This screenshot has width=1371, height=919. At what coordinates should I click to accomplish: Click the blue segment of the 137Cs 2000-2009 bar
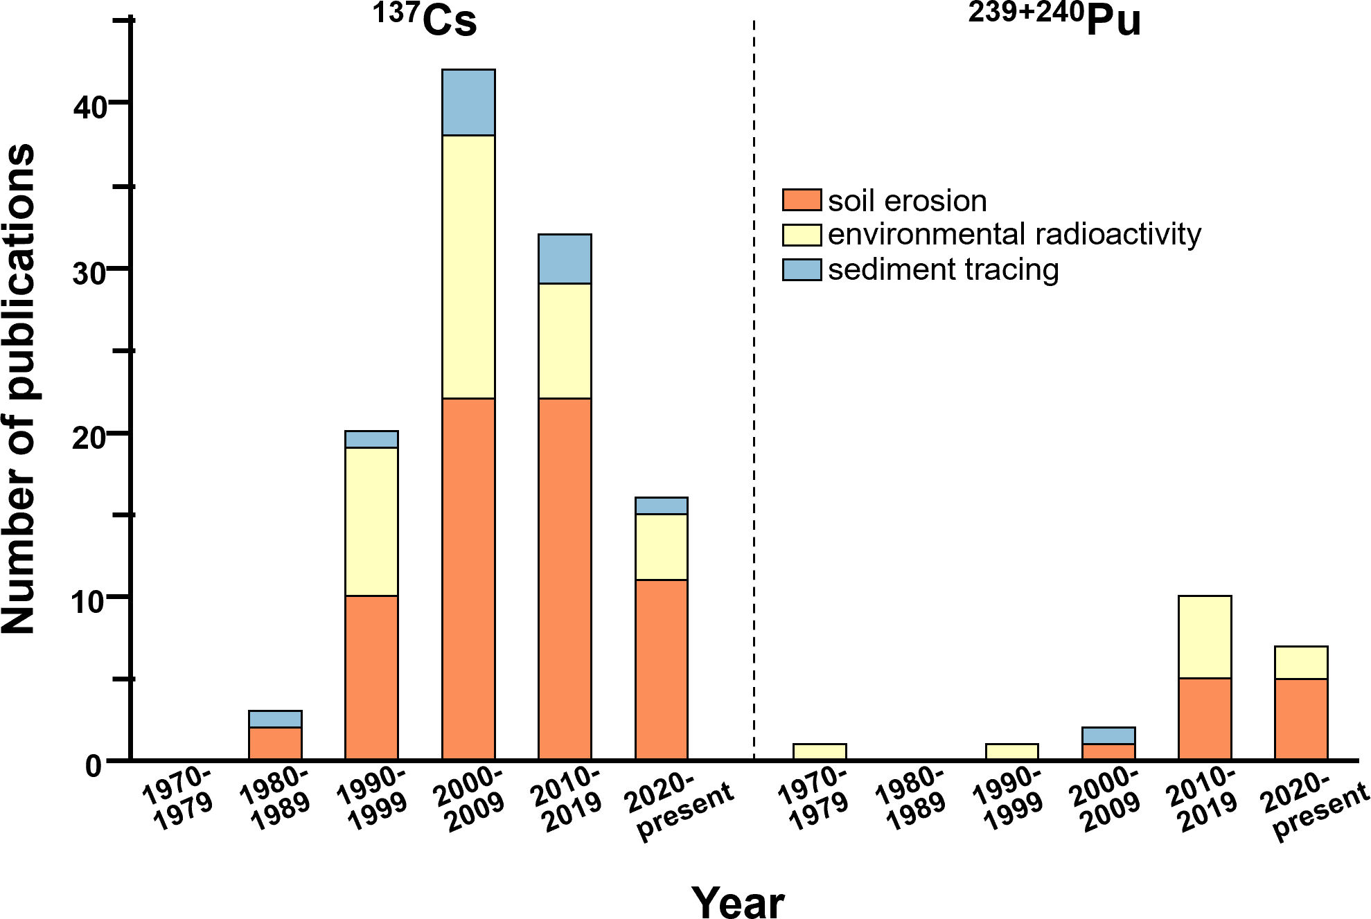(468, 102)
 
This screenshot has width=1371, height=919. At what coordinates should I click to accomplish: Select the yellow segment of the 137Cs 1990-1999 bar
(371, 521)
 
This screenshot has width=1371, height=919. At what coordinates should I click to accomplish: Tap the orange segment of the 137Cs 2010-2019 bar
(565, 578)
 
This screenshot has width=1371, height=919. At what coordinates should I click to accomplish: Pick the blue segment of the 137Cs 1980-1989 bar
(275, 719)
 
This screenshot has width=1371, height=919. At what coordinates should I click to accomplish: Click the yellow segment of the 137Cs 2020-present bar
(662, 546)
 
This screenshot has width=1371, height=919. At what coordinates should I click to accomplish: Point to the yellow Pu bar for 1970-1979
(820, 751)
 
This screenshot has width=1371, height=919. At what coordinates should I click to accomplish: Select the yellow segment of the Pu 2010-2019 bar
(1205, 636)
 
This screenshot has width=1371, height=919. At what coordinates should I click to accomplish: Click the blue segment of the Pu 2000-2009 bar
(1108, 735)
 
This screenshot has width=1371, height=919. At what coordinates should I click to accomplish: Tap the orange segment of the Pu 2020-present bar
(1301, 719)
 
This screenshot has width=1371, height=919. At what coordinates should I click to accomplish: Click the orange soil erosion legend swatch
(802, 200)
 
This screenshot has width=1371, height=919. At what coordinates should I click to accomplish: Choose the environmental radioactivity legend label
(1014, 235)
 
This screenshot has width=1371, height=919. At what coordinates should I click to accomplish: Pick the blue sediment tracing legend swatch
(802, 269)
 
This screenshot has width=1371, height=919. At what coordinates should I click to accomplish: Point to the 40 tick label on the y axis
(89, 107)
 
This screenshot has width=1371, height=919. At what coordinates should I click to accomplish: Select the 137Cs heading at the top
(425, 21)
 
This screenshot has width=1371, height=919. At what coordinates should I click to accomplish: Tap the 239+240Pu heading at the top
(1054, 21)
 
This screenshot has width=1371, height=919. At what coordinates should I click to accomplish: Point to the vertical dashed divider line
(754, 416)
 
